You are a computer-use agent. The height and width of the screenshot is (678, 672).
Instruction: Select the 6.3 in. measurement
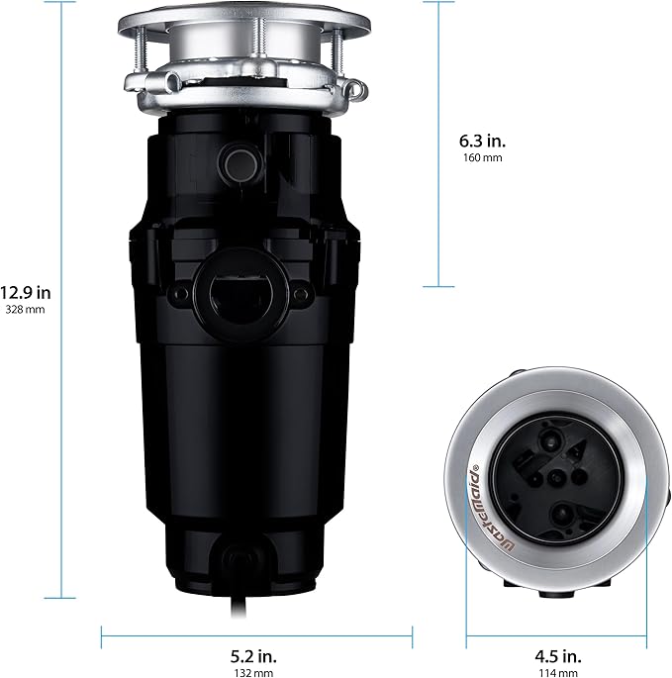pyautogui.click(x=483, y=140)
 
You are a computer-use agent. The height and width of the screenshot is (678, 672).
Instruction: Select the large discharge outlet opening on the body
pyautogui.click(x=237, y=293)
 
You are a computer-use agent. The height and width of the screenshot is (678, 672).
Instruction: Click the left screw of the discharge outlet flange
pyautogui.click(x=180, y=295)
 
